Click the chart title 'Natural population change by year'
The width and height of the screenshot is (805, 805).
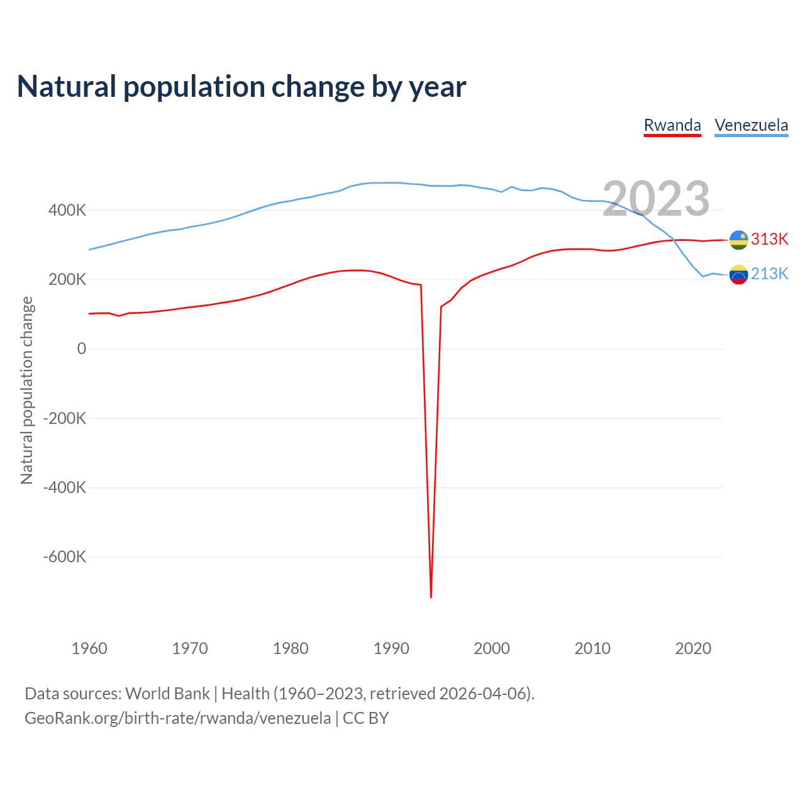241,87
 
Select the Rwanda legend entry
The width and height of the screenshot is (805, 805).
672,125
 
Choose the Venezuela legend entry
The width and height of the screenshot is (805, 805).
751,125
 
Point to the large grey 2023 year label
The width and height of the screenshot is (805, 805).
656,199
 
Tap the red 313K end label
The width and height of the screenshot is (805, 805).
769,239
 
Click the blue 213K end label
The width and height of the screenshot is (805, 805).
769,274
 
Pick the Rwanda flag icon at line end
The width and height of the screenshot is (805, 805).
738,240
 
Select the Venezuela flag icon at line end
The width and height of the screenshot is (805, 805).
738,274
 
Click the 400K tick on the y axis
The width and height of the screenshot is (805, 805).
67,210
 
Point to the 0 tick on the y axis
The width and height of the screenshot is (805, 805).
81,349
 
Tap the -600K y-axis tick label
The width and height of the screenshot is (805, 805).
64,557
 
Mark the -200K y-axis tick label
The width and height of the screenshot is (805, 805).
64,418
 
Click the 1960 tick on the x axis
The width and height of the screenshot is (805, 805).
89,648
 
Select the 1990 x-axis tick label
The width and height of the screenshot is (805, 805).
391,648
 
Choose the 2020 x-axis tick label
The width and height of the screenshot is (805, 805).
693,648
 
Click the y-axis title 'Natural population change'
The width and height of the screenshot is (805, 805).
26,390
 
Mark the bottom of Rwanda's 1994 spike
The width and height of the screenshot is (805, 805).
431,596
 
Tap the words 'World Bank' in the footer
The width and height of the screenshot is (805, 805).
167,694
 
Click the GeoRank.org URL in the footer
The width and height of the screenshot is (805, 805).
177,718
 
